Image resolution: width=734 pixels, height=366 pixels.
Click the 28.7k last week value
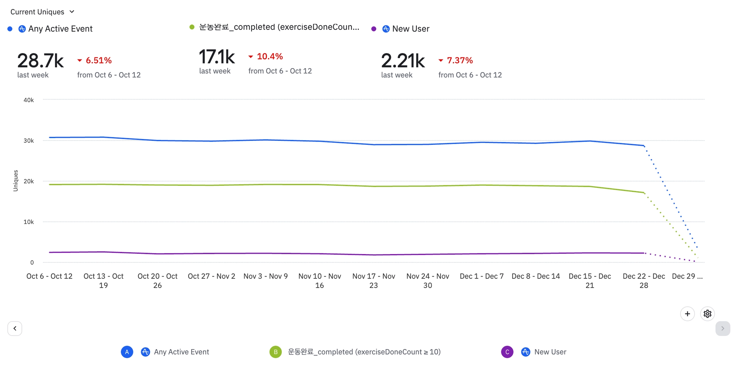pos(40,61)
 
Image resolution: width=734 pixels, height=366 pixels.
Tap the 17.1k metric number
pos(217,57)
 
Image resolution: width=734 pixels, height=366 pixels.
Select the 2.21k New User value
pos(403,61)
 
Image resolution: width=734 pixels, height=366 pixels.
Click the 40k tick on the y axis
pos(29,100)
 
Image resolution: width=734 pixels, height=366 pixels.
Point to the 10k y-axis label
pos(29,222)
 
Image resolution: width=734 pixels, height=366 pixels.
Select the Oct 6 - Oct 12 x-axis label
pos(49,276)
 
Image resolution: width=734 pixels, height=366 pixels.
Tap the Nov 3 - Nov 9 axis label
pos(266,276)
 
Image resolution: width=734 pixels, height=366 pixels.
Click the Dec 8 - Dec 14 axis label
pos(535,276)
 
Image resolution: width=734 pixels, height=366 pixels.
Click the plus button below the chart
pos(687,314)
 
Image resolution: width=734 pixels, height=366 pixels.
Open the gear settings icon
pos(707,314)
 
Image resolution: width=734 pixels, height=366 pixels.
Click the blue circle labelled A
pos(127,352)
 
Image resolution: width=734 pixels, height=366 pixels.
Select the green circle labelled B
pos(276,352)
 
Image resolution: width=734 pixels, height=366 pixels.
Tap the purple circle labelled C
pos(507,352)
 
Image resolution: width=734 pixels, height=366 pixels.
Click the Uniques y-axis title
pos(15,181)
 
